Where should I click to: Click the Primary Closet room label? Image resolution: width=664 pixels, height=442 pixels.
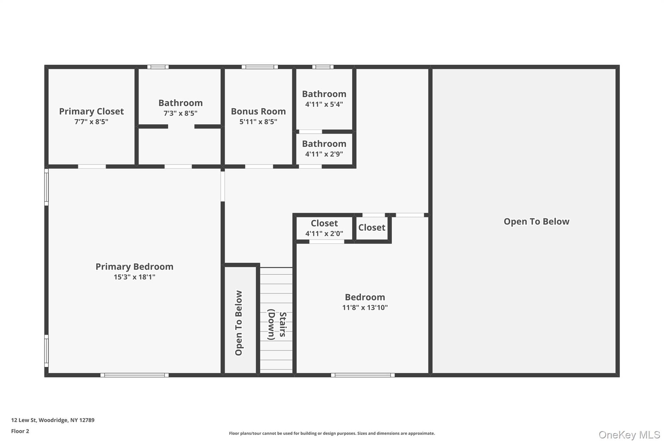(x=91, y=111)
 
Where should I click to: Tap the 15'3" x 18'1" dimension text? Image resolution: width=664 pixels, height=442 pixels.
(x=135, y=277)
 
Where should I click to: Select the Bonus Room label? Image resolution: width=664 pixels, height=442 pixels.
(x=258, y=111)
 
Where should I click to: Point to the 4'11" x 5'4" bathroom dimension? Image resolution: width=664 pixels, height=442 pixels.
(x=324, y=104)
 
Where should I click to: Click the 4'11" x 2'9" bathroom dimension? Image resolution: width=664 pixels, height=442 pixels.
(x=324, y=154)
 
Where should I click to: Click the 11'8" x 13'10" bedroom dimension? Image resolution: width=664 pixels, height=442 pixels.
(x=365, y=308)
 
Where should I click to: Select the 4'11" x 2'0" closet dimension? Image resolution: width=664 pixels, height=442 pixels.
(x=324, y=233)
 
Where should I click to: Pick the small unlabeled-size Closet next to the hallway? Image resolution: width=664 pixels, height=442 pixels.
(x=372, y=228)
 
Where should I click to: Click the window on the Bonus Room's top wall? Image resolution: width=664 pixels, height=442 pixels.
(x=260, y=67)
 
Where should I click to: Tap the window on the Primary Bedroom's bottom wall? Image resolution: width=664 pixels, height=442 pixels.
(x=135, y=375)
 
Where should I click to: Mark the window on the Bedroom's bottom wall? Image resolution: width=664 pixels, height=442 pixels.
(x=363, y=375)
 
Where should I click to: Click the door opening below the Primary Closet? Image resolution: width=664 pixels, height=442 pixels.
(x=92, y=166)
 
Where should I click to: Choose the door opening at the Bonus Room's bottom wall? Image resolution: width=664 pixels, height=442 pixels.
(x=259, y=166)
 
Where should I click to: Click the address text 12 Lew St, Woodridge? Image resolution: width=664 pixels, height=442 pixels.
(x=53, y=420)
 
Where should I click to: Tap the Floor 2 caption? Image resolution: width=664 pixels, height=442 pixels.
(x=20, y=431)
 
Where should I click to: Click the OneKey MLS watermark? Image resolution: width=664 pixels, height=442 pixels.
(x=629, y=435)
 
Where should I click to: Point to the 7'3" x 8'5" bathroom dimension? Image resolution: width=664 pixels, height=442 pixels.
(x=181, y=113)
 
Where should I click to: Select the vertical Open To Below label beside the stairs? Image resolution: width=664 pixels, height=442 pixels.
(x=239, y=323)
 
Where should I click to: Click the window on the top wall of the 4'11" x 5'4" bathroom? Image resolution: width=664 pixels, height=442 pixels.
(x=323, y=67)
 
